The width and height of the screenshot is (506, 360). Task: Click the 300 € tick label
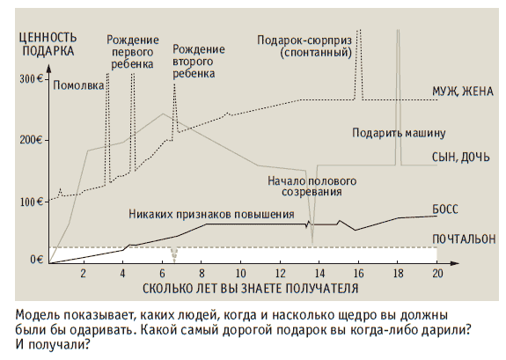(32, 79)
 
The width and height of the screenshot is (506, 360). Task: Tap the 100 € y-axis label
(32, 202)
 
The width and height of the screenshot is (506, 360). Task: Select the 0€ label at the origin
(36, 260)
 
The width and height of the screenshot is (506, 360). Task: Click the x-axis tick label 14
(319, 274)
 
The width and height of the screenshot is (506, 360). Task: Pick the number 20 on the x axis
(437, 274)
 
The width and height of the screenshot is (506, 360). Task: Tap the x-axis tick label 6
(162, 274)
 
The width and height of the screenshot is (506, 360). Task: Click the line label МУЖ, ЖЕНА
(463, 92)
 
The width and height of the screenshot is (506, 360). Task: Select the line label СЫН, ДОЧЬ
(461, 158)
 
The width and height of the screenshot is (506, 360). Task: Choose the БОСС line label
(445, 209)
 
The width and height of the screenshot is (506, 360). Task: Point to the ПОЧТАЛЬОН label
(464, 239)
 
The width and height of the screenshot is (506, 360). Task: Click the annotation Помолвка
(78, 85)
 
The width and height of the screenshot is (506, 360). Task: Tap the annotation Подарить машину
(399, 133)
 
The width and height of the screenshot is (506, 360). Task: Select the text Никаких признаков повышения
(211, 215)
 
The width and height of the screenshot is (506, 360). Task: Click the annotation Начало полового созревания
(312, 187)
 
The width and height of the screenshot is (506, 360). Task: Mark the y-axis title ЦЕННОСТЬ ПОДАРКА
(48, 44)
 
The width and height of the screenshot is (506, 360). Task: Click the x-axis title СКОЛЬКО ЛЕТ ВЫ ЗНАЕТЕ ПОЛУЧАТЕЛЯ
(251, 289)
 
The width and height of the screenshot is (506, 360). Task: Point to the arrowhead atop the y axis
(48, 68)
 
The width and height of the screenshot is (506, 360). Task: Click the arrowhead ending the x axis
(455, 263)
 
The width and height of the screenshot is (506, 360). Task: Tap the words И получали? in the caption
(52, 345)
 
